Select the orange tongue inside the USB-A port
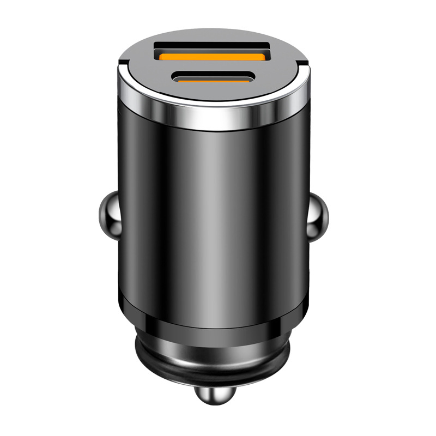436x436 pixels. [x=213, y=56]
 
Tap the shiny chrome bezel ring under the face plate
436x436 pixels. [x=213, y=117]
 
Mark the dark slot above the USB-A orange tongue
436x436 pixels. [x=213, y=46]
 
